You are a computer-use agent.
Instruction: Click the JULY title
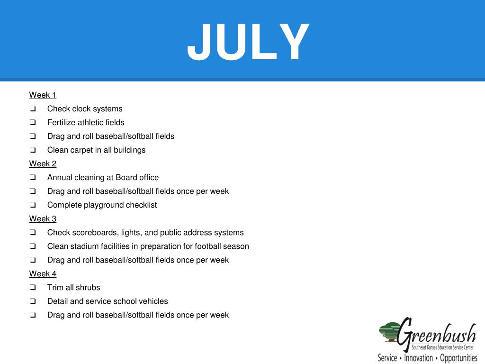point(248,43)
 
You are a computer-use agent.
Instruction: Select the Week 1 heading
point(43,95)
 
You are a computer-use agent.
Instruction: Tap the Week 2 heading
point(43,164)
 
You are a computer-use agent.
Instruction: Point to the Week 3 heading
point(43,219)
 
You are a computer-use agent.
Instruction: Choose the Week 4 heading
point(43,274)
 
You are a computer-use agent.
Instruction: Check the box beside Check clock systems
point(33,109)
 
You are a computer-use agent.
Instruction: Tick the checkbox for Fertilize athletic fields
point(33,123)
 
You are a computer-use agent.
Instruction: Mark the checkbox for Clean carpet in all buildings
point(33,150)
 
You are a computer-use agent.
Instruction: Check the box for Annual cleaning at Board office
point(33,178)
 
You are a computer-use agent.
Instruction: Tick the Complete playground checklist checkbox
point(33,205)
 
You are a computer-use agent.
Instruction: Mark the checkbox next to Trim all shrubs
point(33,288)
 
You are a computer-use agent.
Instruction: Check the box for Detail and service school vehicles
point(33,301)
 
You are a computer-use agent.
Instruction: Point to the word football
point(213,246)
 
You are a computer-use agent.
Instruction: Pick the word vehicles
point(153,301)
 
